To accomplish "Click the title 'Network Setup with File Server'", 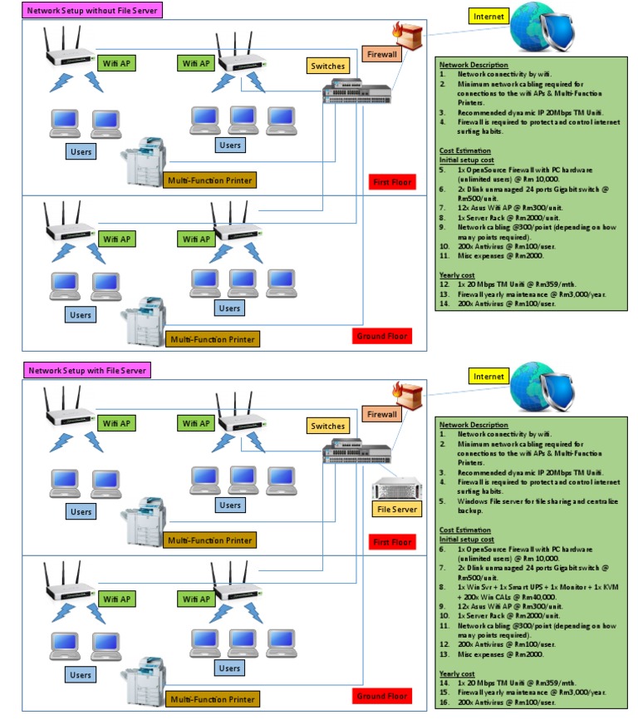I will click(x=86, y=370).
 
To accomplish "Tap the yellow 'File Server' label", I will click(x=396, y=509).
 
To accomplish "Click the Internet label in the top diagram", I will click(x=488, y=16).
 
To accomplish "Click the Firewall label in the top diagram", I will click(x=383, y=55).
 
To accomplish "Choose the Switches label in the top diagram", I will click(x=327, y=66).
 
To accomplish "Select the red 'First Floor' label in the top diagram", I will click(x=391, y=182).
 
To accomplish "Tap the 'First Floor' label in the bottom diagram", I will click(x=391, y=542).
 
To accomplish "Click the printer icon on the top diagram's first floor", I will click(x=145, y=160).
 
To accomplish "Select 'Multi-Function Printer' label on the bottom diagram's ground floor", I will click(x=211, y=699).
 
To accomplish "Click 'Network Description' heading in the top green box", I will click(x=474, y=65).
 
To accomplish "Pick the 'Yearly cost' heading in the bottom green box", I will click(x=457, y=673).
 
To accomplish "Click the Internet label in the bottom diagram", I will click(x=488, y=376).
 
